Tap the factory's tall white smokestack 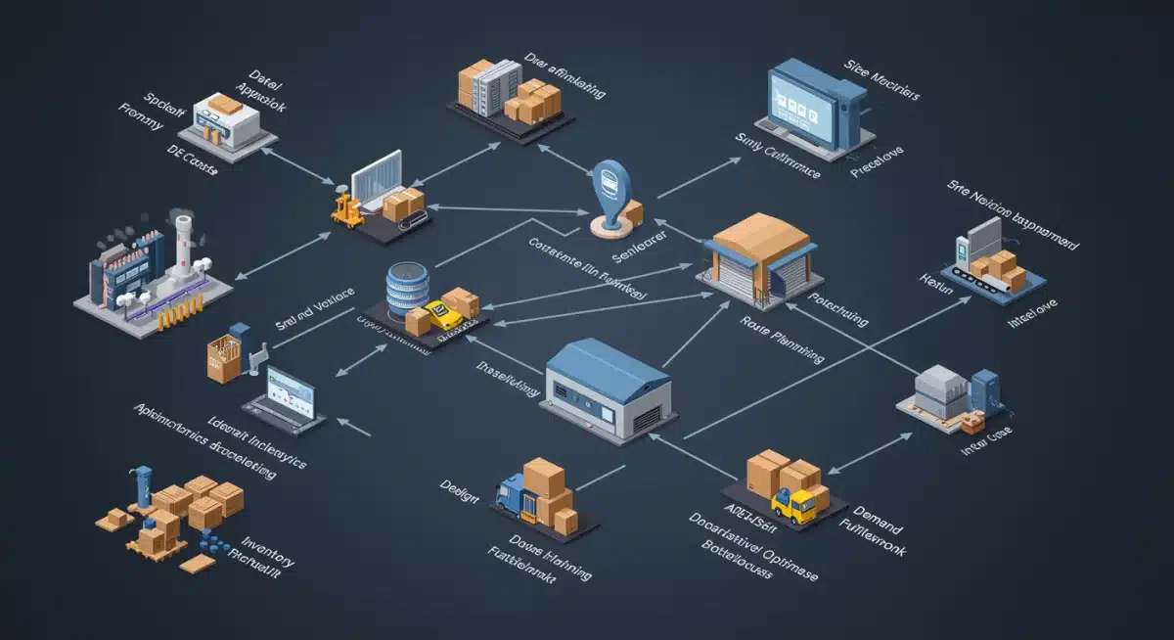182,245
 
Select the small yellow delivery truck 794,505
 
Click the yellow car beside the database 446,315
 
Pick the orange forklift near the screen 346,208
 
